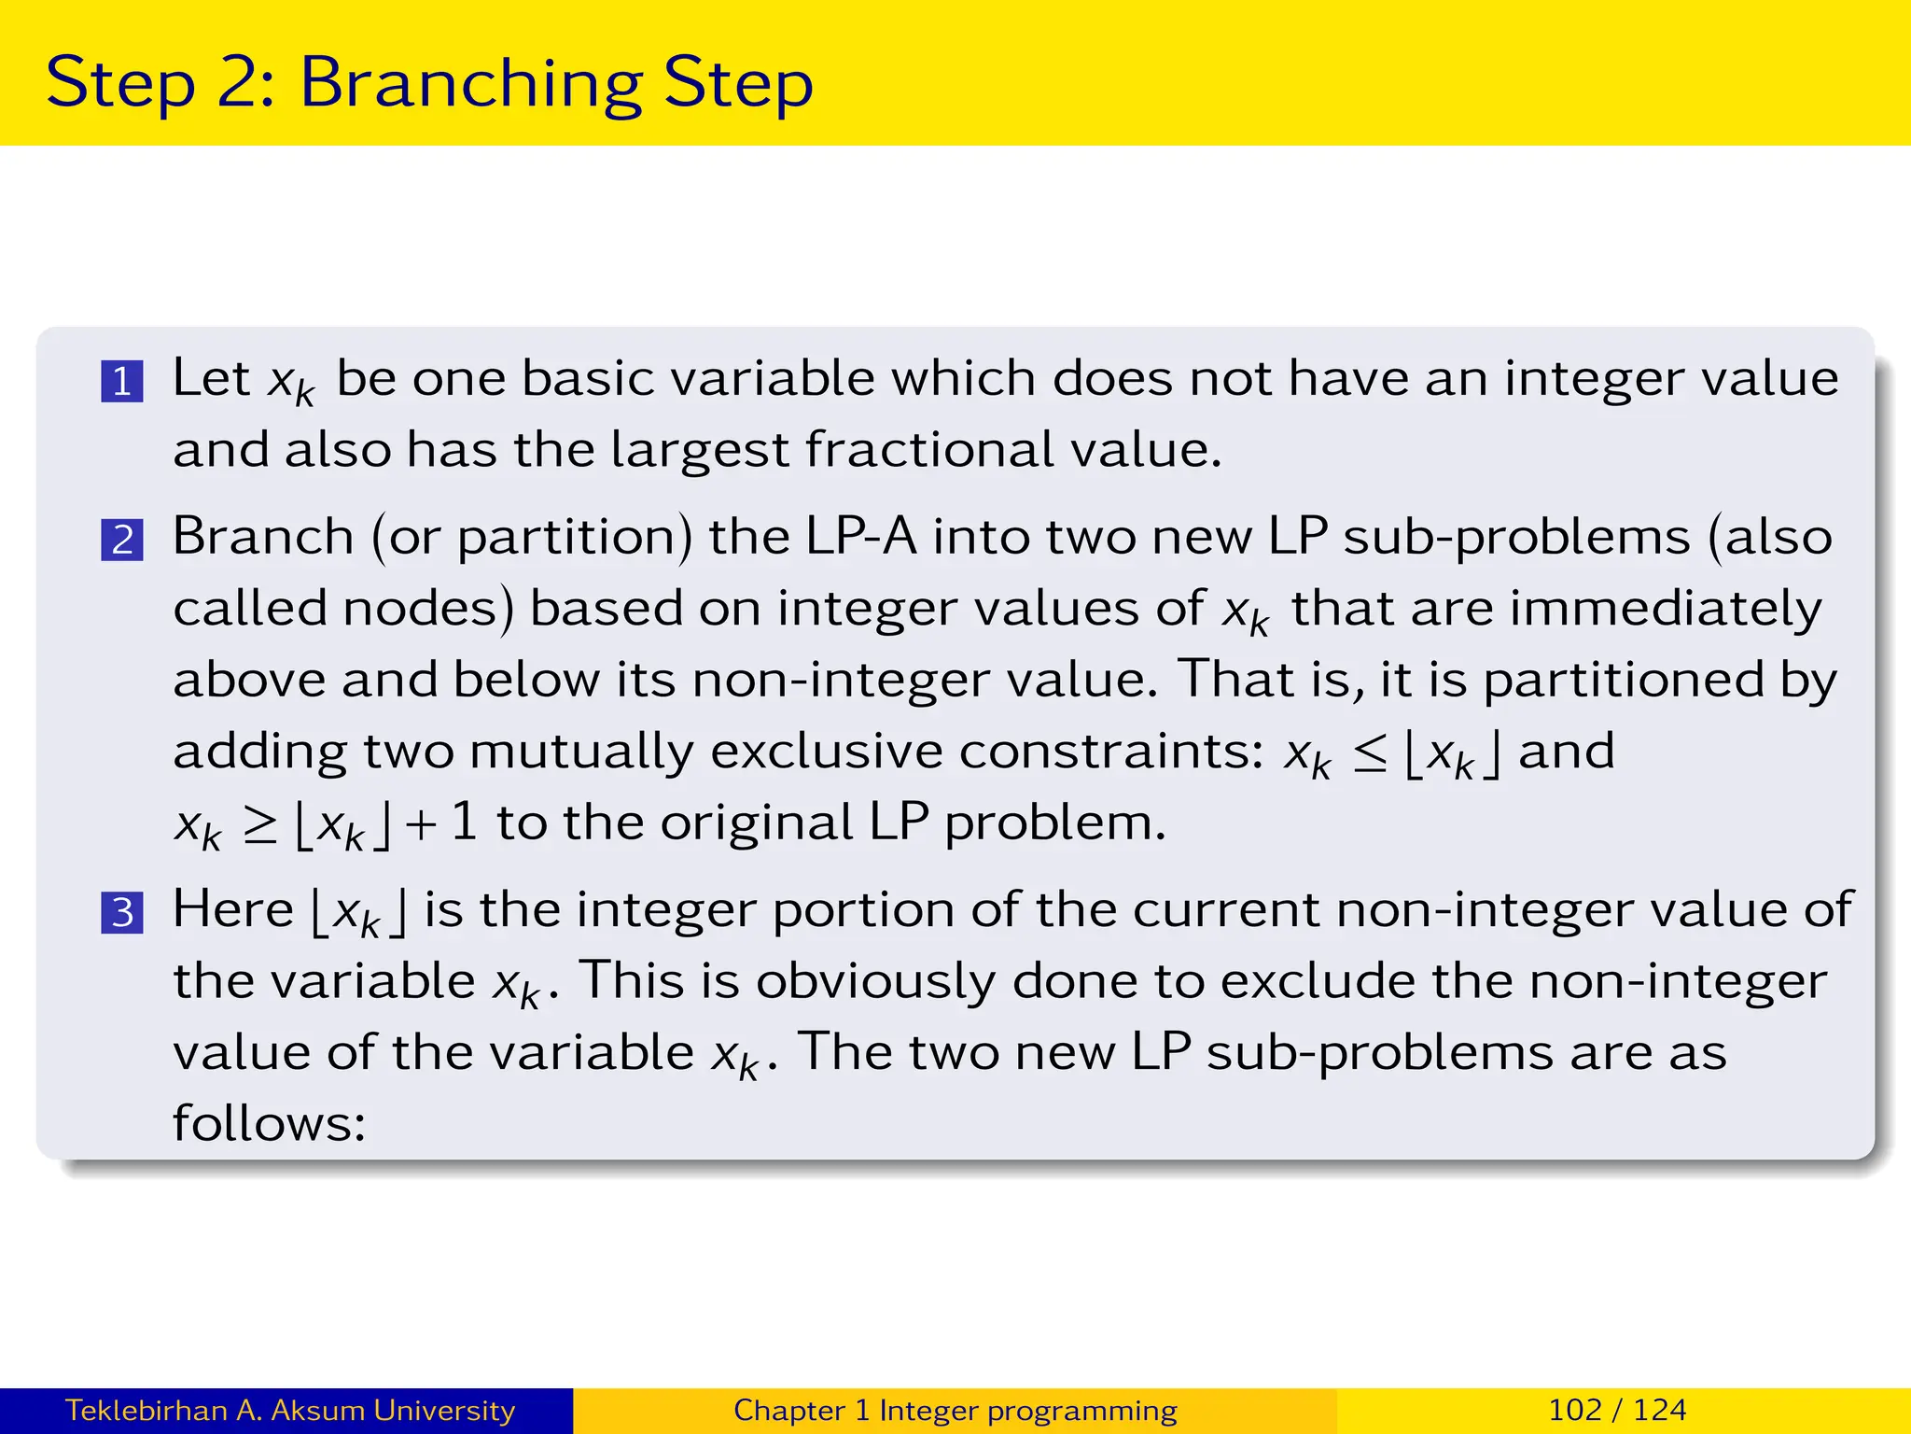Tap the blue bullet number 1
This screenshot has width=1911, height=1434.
click(122, 382)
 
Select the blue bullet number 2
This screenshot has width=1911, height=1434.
click(122, 541)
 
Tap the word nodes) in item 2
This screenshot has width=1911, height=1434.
click(428, 609)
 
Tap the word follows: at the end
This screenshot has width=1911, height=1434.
click(269, 1123)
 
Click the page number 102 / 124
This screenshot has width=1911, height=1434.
click(1617, 1410)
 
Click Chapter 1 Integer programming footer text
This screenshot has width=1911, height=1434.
click(955, 1410)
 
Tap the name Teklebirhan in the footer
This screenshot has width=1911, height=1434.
click(146, 1410)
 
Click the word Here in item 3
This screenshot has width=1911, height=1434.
click(232, 910)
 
